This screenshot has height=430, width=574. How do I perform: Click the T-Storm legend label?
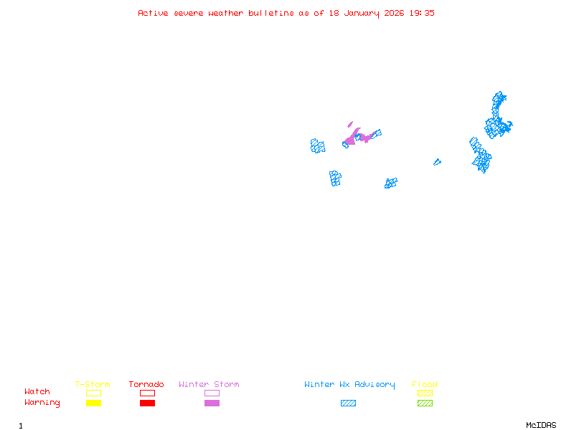tap(93, 385)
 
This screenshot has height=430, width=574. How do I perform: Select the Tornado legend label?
tap(146, 385)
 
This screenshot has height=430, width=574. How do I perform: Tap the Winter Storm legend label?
tap(209, 385)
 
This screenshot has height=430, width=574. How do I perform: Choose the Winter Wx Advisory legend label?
tap(349, 385)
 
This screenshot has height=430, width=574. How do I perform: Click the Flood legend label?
tap(425, 385)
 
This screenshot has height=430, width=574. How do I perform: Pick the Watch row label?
tap(37, 392)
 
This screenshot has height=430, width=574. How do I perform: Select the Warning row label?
tap(42, 403)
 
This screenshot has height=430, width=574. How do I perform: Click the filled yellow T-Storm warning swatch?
tap(93, 403)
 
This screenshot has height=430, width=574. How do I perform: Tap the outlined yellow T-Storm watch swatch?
tap(93, 393)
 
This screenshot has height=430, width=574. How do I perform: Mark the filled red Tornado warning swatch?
tap(147, 403)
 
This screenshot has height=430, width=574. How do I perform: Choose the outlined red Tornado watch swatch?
tap(147, 393)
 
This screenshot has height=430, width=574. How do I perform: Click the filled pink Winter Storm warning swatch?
tap(212, 403)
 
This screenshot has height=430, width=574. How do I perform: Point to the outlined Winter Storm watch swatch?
tap(212, 393)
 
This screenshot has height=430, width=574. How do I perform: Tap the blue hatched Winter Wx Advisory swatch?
tap(348, 403)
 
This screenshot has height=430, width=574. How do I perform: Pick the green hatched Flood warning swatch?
tap(425, 403)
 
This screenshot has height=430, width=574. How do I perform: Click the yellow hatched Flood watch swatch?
tap(425, 393)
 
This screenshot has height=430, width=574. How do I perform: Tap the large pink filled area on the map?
tap(354, 137)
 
